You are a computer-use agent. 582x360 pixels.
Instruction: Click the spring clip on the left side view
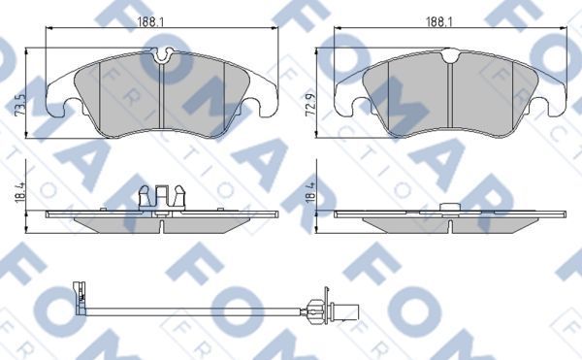click(x=161, y=197)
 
